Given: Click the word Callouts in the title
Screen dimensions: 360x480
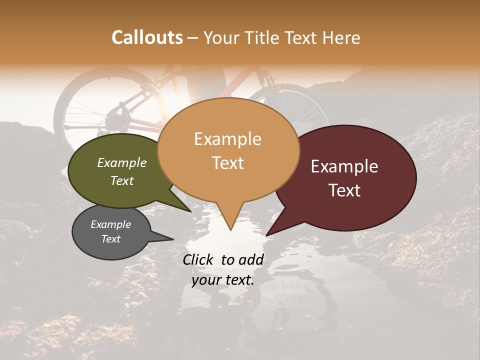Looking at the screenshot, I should point(147,37).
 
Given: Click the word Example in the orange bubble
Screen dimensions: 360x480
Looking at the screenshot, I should point(227,139).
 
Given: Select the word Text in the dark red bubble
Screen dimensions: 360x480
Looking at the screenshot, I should point(345,190).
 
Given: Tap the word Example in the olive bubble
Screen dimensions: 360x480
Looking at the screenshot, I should point(121,162).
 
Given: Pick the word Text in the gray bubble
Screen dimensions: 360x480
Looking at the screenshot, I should point(111,239).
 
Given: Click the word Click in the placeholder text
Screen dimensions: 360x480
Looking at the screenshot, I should point(198,259).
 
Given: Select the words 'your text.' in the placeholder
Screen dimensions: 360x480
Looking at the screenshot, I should point(223,280).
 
